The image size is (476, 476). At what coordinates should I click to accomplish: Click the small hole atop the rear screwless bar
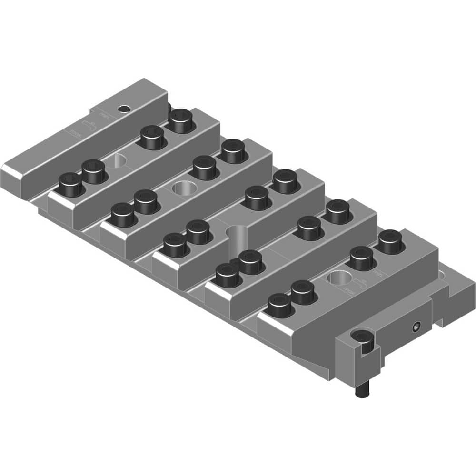click(125, 109)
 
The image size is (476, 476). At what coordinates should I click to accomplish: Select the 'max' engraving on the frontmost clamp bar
click(349, 288)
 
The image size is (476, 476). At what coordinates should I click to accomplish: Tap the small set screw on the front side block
click(416, 327)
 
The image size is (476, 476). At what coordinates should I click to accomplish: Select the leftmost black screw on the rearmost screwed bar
click(70, 183)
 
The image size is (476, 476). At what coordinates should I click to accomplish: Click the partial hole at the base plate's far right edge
click(443, 275)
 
